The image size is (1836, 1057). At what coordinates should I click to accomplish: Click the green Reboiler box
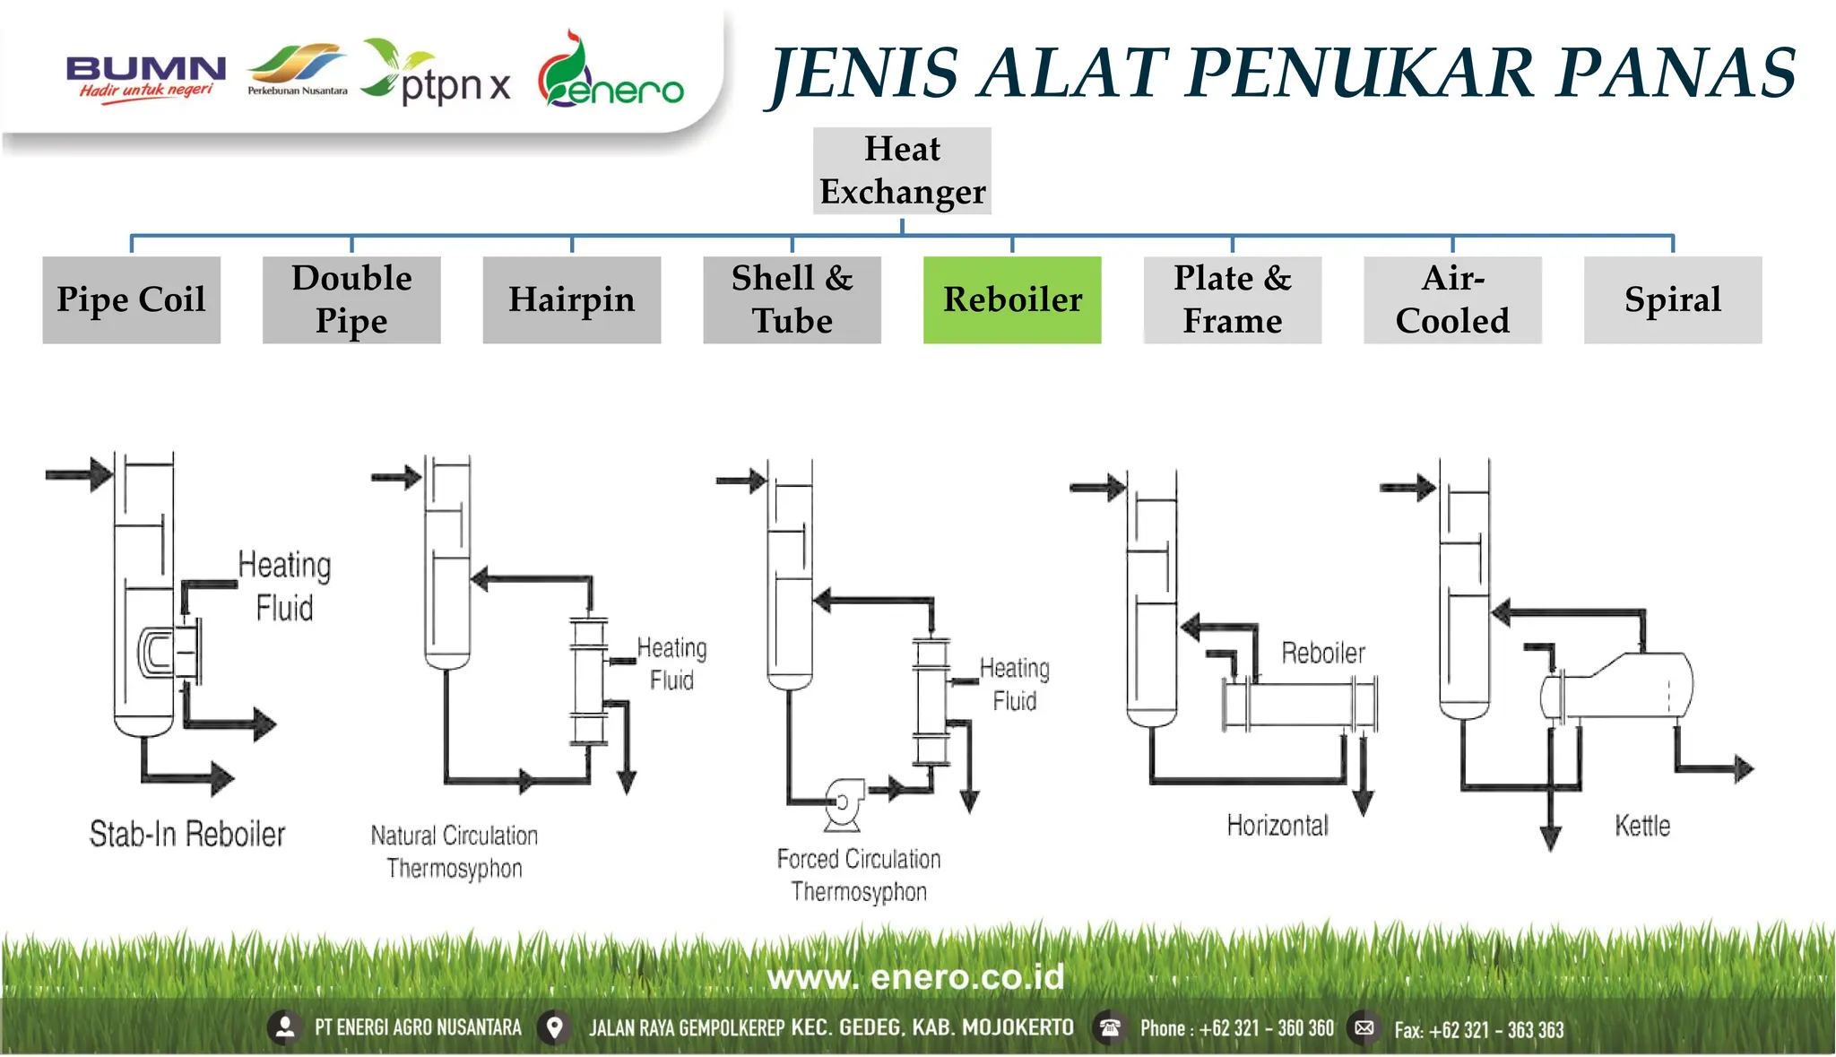[1012, 299]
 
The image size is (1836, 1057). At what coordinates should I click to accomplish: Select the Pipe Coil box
[131, 299]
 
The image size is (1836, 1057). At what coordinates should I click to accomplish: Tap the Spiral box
[1672, 299]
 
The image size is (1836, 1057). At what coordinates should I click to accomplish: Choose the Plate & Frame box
[1232, 299]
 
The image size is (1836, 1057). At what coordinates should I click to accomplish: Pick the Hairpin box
[571, 299]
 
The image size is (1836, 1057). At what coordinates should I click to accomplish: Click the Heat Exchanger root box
[902, 170]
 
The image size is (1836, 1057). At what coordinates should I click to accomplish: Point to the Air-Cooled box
[1452, 299]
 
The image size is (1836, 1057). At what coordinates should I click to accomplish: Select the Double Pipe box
[351, 299]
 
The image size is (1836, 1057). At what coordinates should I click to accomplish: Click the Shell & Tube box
[792, 299]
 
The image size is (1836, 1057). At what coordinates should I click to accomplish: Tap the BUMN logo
[145, 77]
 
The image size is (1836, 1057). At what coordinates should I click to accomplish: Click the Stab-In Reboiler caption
[186, 834]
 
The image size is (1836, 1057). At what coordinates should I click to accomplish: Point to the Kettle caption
[1642, 826]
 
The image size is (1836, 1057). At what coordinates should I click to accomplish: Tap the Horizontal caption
[1277, 825]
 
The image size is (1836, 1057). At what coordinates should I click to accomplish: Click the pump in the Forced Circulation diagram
[844, 801]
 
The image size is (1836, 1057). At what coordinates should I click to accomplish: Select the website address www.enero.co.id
[915, 976]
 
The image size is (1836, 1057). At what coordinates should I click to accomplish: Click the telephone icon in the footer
[1110, 1027]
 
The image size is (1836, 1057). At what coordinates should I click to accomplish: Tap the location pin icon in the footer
[555, 1027]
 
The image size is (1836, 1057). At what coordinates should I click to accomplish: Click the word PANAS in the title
[1675, 74]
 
